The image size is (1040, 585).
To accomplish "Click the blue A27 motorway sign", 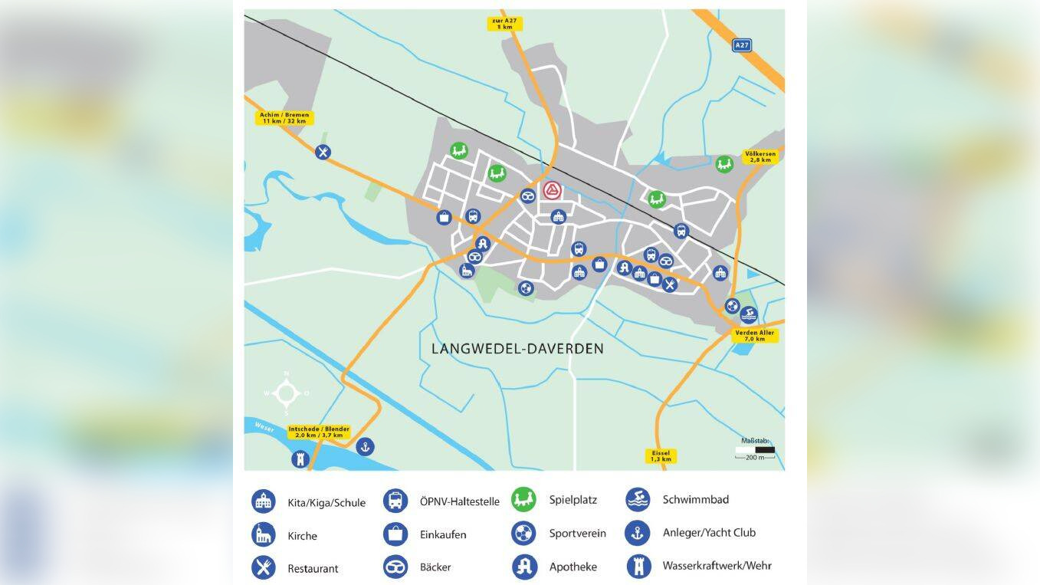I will (x=741, y=45).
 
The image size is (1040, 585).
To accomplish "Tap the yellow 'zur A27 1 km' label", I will (x=504, y=23).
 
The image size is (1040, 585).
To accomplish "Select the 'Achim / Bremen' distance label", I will (x=285, y=118).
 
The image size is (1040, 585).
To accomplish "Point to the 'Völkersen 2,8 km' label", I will (x=760, y=156).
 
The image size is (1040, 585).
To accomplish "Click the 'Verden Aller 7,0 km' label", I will (x=755, y=335).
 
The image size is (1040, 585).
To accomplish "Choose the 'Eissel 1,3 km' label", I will (x=661, y=456).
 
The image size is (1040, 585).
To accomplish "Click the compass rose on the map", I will (x=287, y=393).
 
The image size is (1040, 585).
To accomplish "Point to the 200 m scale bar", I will (x=755, y=451).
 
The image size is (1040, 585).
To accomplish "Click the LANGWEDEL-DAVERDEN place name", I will (x=517, y=349).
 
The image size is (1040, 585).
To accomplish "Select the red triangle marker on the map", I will (x=552, y=190).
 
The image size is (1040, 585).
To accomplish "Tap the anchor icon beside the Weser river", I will (x=366, y=446).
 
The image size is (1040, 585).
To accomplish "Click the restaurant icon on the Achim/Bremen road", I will (x=323, y=152).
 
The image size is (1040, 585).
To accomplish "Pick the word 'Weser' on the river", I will (x=264, y=427).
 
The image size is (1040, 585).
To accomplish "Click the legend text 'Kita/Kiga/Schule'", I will (x=326, y=503).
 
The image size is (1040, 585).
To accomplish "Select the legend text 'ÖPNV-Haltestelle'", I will (x=459, y=501).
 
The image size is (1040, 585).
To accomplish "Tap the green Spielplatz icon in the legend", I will (x=523, y=500).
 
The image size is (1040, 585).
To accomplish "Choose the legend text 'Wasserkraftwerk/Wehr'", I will (x=717, y=566).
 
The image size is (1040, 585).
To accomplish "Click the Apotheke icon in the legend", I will (x=524, y=567).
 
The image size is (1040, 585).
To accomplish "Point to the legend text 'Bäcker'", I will (x=435, y=567).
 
